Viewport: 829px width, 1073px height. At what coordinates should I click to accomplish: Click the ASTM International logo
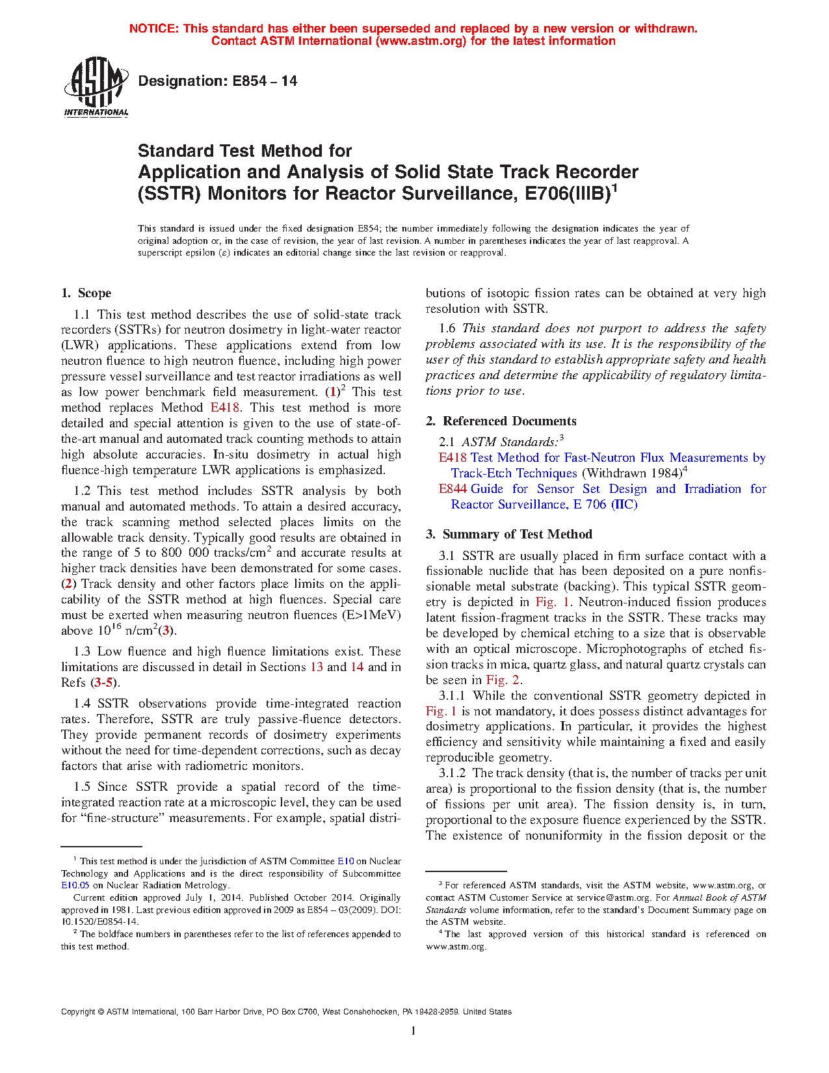coord(96,86)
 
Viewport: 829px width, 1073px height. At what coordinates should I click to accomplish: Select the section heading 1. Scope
coord(86,293)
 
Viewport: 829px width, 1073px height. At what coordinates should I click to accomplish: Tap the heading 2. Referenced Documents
coord(501,421)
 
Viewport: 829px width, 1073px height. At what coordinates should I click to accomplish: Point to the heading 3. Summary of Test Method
coord(509,535)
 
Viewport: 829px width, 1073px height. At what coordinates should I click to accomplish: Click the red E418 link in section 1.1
coord(225,408)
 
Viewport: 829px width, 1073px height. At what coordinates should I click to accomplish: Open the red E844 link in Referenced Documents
coord(453,489)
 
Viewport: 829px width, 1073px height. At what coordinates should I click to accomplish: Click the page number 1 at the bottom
coord(414,1031)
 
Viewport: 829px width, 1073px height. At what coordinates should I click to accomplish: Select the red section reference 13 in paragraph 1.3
coord(317,667)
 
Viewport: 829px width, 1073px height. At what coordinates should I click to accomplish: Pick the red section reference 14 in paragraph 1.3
coord(357,667)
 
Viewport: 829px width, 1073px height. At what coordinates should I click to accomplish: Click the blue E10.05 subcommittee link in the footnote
coord(75,885)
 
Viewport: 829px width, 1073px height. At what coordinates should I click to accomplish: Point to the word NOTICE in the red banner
coord(153,29)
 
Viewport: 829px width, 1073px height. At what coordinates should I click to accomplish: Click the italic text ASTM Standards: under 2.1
coord(509,442)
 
